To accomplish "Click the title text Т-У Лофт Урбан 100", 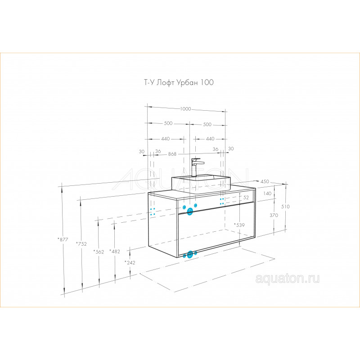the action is [179, 82].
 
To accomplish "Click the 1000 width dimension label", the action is [185, 109].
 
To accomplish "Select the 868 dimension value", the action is [172, 154].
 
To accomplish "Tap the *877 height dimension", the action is [63, 239].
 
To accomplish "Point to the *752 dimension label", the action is [81, 244].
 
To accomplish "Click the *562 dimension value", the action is [99, 252].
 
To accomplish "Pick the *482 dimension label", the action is [115, 252].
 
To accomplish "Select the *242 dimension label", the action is [130, 263].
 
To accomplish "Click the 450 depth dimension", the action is [265, 181].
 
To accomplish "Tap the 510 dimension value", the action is [285, 207].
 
